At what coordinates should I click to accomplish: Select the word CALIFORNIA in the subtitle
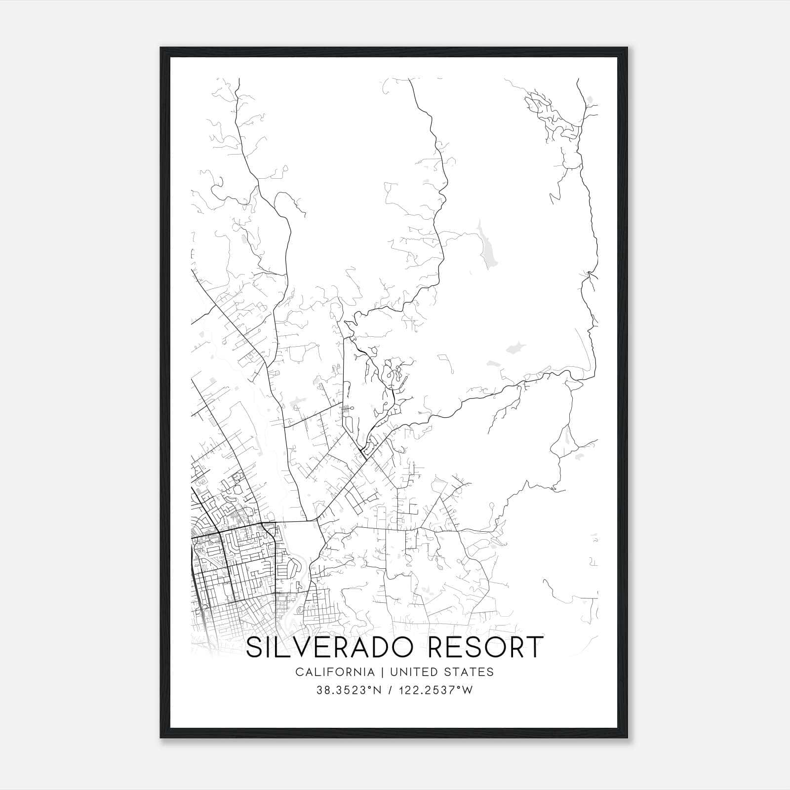tap(334, 672)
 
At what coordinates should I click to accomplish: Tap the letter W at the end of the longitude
tap(467, 690)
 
